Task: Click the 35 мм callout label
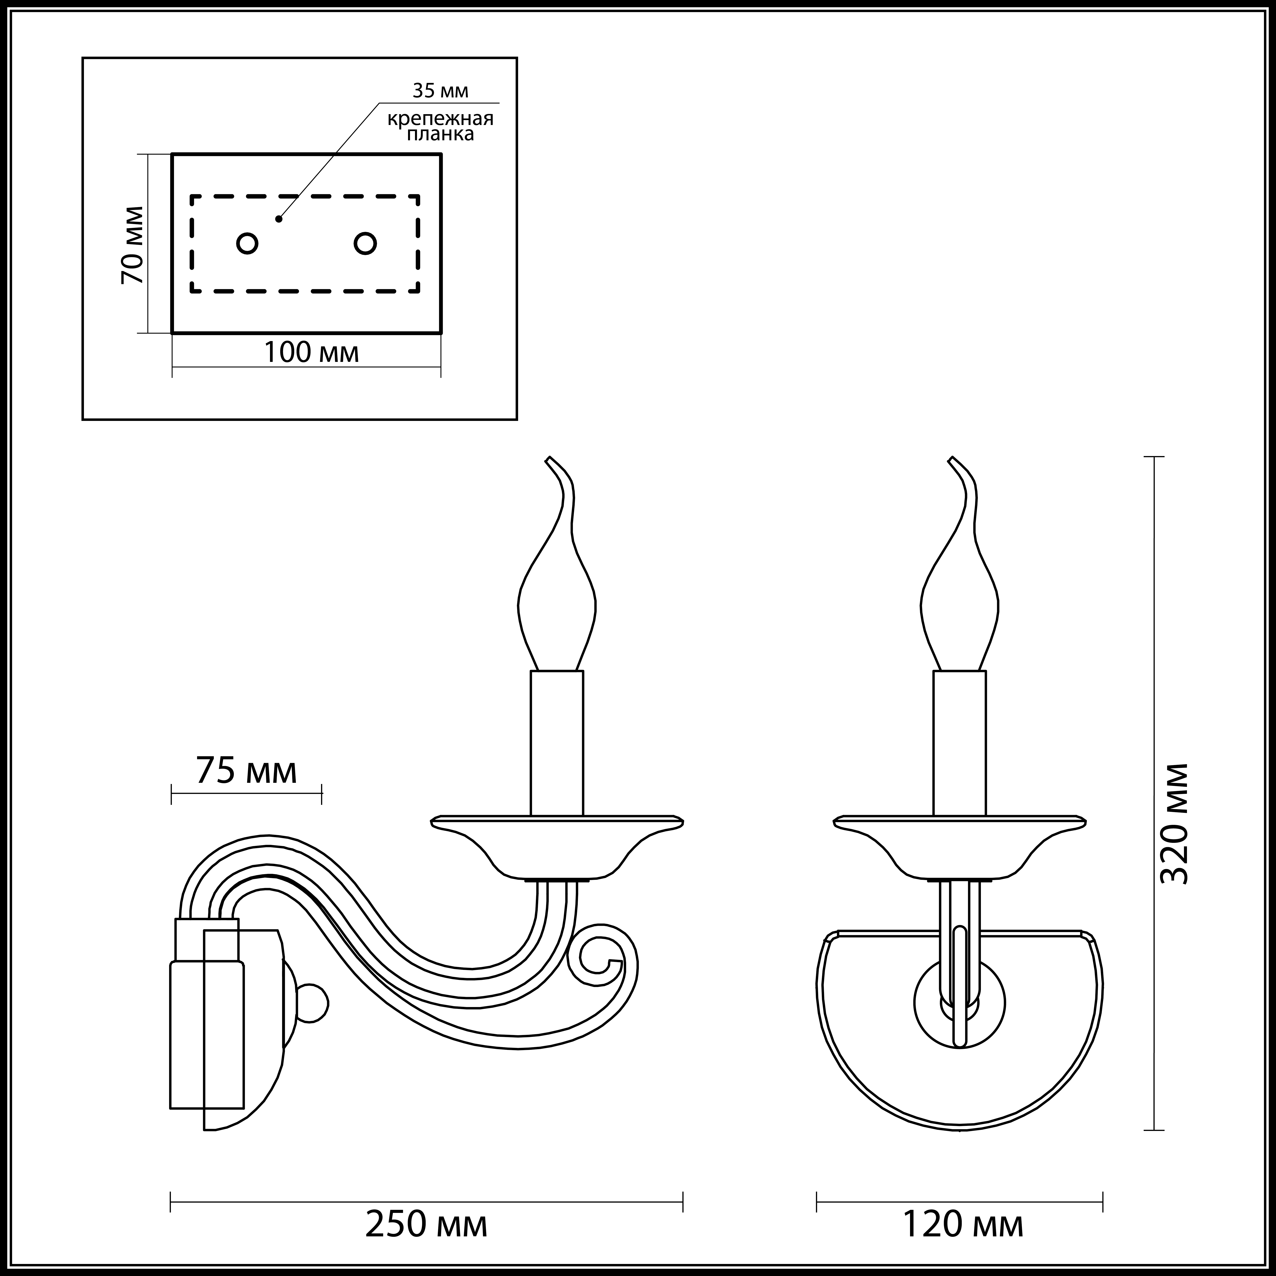coord(441,90)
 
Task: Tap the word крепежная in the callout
coord(441,119)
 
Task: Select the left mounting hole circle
coord(247,244)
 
